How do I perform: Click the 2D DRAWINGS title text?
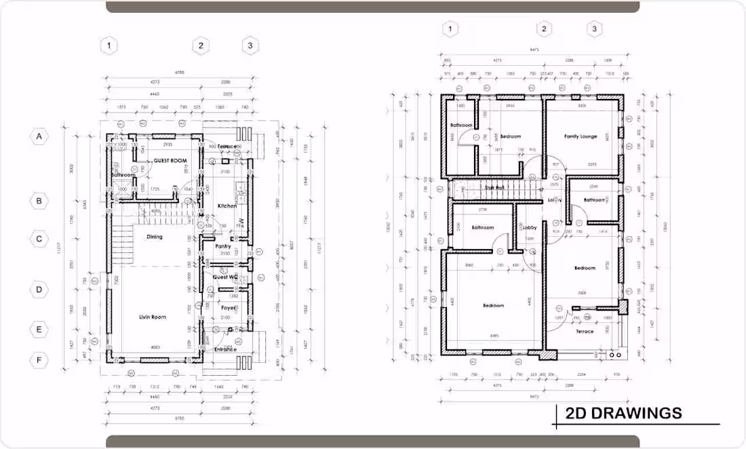(x=623, y=413)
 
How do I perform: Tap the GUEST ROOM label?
(x=170, y=161)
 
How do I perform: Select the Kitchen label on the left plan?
(x=227, y=206)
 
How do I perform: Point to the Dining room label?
(x=155, y=237)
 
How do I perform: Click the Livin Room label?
(x=153, y=317)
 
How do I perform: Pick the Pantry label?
(x=223, y=246)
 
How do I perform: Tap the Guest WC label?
(x=224, y=277)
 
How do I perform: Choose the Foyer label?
(x=229, y=307)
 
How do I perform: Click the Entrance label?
(x=226, y=349)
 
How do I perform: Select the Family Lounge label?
(x=581, y=136)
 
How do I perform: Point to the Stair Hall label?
(x=494, y=187)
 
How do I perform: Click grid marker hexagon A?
(x=39, y=136)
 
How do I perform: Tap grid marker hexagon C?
(x=39, y=239)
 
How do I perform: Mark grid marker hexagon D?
(x=39, y=290)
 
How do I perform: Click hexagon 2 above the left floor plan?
(x=200, y=46)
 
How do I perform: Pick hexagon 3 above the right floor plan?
(x=595, y=28)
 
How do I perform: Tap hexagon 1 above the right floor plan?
(x=450, y=28)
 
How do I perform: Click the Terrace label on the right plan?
(x=585, y=332)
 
